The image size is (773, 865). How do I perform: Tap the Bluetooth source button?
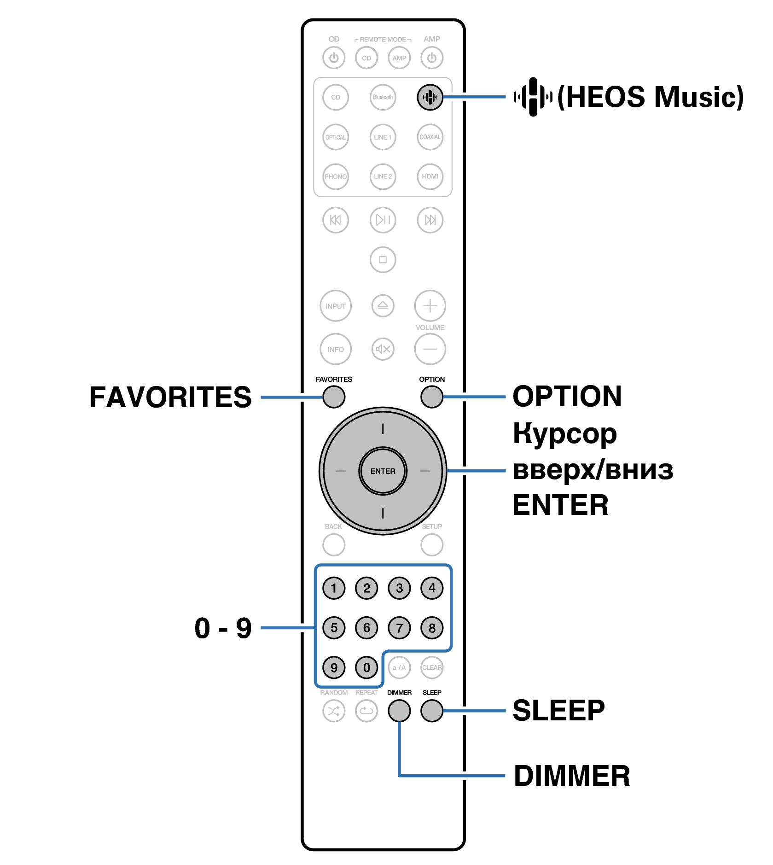[383, 97]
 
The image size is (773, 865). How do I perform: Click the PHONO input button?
[335, 176]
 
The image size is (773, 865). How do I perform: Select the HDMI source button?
[430, 176]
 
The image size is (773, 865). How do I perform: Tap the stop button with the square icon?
[383, 259]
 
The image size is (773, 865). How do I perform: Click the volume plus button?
[430, 305]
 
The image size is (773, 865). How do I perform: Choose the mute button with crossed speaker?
[383, 349]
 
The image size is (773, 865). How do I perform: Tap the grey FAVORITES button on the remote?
[334, 397]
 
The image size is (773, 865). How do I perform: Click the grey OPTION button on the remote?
[431, 397]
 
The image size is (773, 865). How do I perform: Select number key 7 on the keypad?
[399, 627]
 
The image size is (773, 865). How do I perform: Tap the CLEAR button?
[431, 667]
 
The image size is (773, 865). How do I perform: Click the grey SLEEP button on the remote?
[431, 710]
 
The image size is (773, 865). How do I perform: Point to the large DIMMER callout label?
[571, 776]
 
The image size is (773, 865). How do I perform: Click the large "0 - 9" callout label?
[223, 628]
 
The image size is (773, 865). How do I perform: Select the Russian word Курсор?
[564, 433]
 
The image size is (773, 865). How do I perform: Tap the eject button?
[383, 305]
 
